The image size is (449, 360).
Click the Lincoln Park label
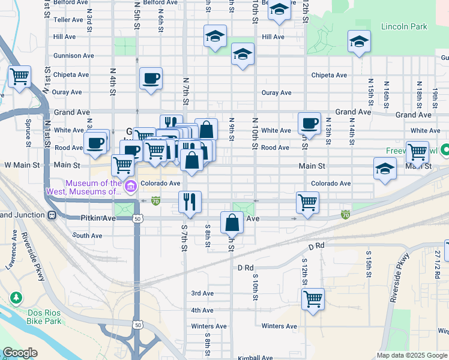403,27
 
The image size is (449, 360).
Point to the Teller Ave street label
68,20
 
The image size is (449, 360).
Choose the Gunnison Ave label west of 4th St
74,56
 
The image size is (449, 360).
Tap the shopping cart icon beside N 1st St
19,76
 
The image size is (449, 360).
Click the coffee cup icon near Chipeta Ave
150,77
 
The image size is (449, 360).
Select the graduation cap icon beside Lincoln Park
359,41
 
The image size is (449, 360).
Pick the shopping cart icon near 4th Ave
313,298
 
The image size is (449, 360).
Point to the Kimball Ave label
256,358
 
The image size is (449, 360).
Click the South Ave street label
88,236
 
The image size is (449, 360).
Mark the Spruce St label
28,133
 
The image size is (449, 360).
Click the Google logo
20,353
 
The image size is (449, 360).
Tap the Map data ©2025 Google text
411,355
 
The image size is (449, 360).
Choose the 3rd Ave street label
202,293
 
